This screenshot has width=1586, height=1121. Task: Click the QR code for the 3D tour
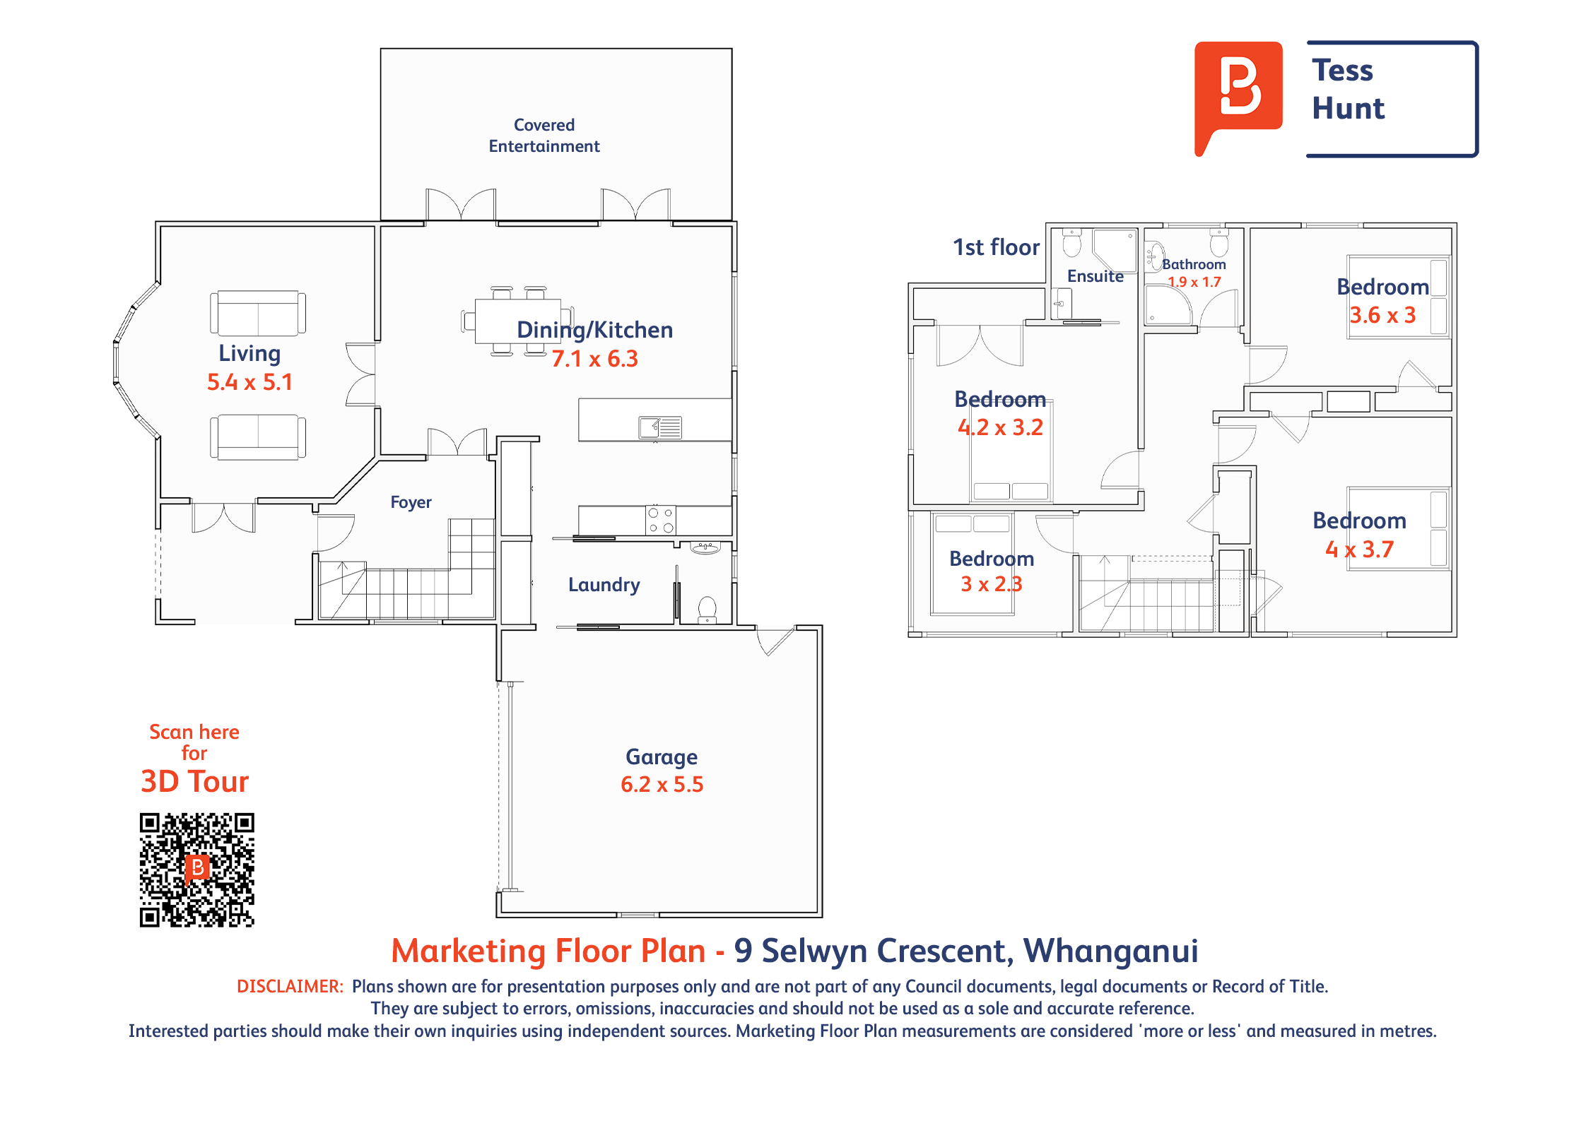(x=196, y=870)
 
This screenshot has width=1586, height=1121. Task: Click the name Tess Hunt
(x=1348, y=89)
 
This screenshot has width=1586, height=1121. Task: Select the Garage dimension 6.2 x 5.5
(x=662, y=784)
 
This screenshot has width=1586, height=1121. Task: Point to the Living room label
(x=249, y=353)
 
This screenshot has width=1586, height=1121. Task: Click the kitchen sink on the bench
(x=660, y=427)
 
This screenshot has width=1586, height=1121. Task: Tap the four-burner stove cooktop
(x=661, y=521)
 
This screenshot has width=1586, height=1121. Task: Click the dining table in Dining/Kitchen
(x=518, y=321)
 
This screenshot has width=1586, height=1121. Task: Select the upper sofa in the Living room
(x=258, y=313)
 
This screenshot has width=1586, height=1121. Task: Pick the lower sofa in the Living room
(x=258, y=437)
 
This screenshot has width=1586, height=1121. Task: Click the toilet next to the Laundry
(x=707, y=610)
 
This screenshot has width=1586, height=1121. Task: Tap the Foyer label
(x=411, y=502)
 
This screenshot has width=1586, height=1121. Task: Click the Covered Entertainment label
(x=544, y=136)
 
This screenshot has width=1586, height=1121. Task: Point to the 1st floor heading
(x=996, y=247)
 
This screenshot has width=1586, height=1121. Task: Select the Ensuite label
(x=1095, y=276)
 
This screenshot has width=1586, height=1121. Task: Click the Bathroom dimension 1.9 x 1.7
(x=1194, y=282)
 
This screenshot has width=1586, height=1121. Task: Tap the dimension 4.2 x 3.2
(x=1000, y=427)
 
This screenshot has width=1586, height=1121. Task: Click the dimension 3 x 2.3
(x=992, y=584)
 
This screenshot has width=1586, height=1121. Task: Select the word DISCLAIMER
(x=290, y=987)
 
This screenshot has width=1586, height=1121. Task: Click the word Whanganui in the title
(x=1111, y=951)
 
